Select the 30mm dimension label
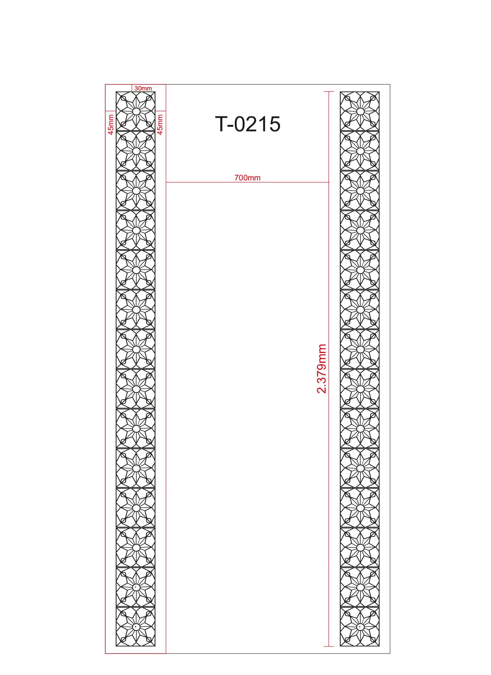[143, 88]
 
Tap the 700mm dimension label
[247, 178]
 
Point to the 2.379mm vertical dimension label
[322, 368]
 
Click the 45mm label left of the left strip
[111, 125]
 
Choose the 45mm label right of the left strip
[160, 125]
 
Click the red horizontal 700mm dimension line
[247, 182]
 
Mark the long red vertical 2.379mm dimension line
[329, 369]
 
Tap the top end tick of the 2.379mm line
[329, 91]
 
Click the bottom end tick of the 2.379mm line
[329, 646]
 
